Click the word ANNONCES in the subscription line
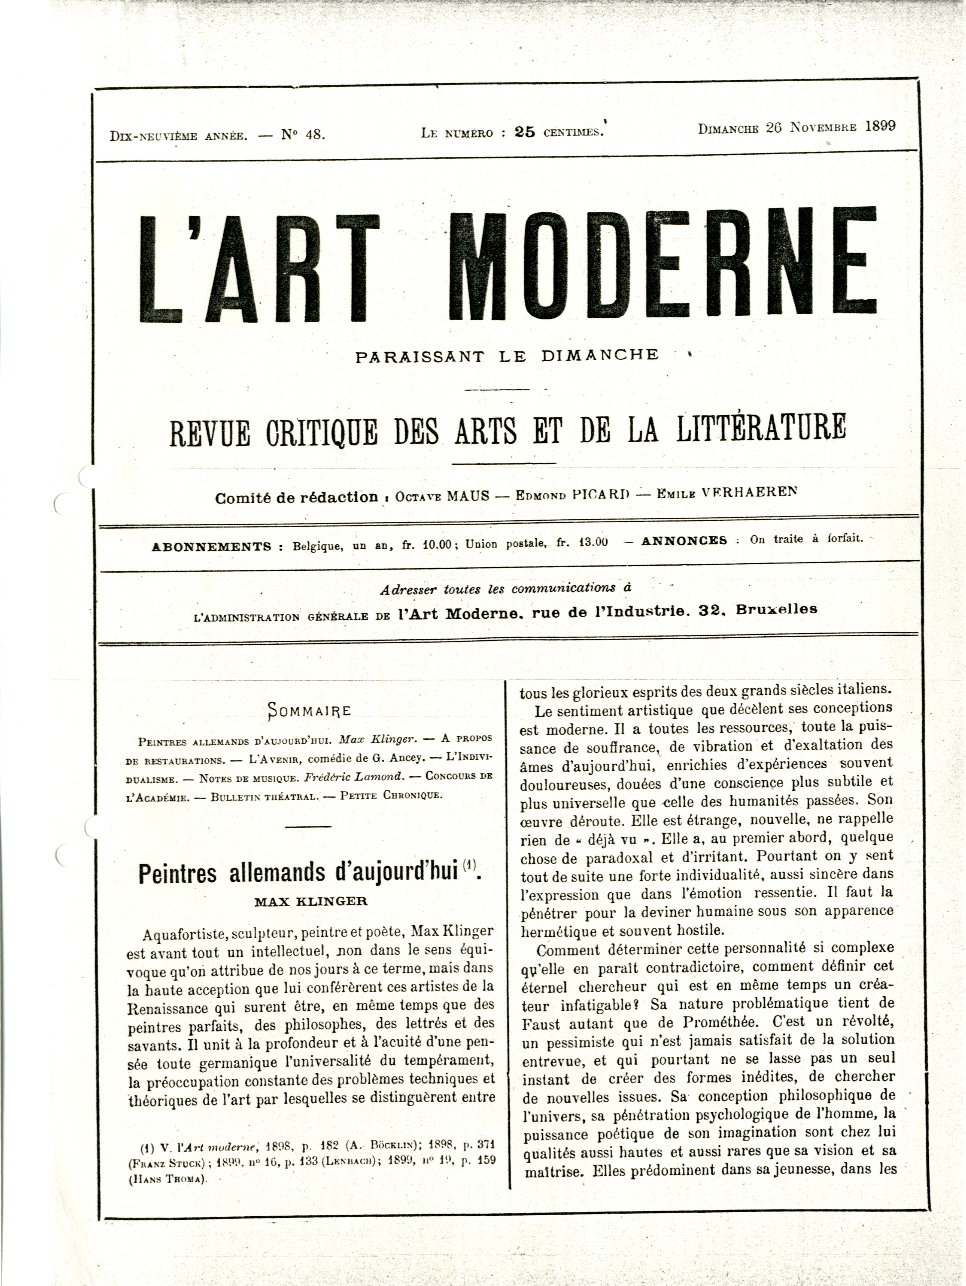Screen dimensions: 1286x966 click(x=684, y=540)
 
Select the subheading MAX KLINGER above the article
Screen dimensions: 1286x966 click(x=311, y=902)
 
